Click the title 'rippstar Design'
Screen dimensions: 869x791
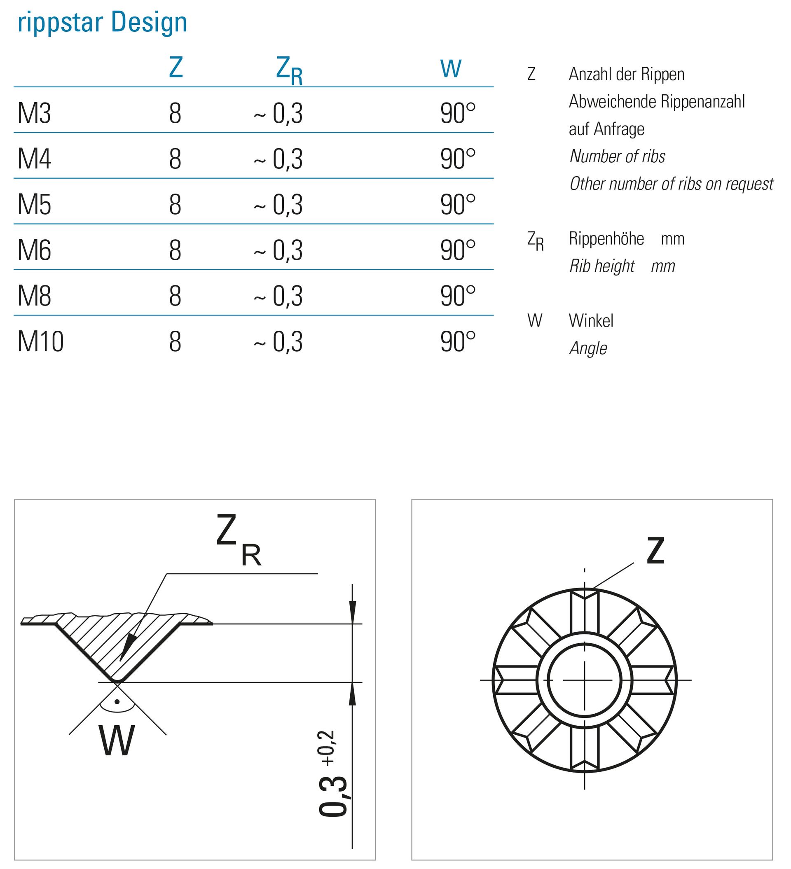(x=102, y=22)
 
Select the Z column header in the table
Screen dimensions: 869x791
(x=176, y=68)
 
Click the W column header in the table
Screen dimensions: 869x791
(x=451, y=69)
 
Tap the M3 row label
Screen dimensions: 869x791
(x=34, y=113)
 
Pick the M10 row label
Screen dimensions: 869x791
(x=40, y=342)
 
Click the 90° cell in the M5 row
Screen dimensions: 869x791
(x=458, y=205)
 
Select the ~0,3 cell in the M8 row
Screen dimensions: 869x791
(x=278, y=296)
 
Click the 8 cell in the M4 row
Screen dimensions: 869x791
(x=175, y=159)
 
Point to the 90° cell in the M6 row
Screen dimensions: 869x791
(x=458, y=250)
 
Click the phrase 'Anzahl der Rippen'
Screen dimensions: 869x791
(x=626, y=74)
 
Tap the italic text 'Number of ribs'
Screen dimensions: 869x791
(x=617, y=157)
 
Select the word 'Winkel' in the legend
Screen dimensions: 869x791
(x=591, y=321)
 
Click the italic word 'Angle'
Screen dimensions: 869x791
(x=588, y=348)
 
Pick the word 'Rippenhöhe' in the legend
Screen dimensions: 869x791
(x=606, y=239)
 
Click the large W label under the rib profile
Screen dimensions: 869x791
(x=117, y=741)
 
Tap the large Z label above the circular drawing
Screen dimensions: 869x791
(x=655, y=551)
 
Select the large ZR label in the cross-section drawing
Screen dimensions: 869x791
(x=239, y=541)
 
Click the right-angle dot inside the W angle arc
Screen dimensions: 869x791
(x=117, y=701)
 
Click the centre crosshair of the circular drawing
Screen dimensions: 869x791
(x=585, y=680)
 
